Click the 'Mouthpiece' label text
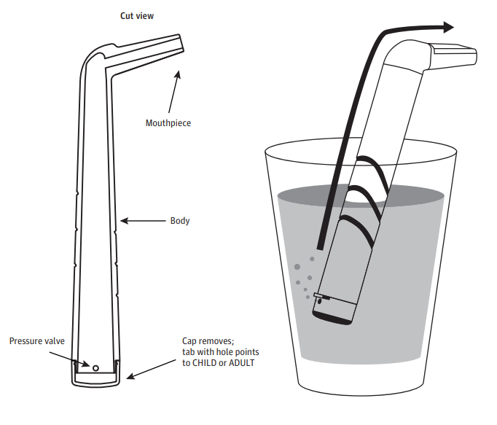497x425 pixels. (x=168, y=123)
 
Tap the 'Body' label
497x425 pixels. (x=179, y=220)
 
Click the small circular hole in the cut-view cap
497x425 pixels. (x=94, y=366)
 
